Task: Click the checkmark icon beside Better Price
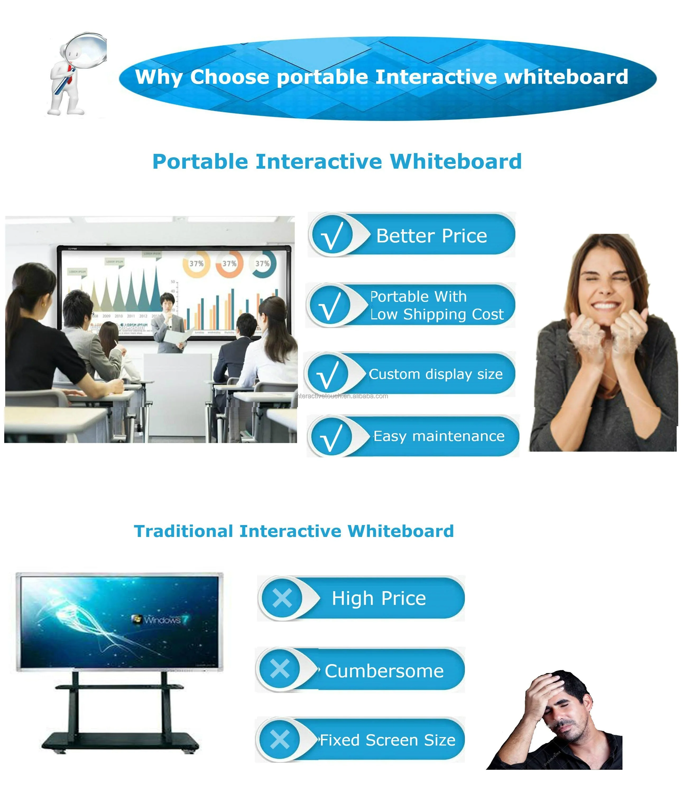331,236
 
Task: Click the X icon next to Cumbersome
279,669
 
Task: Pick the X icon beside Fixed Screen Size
279,739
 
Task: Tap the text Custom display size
435,374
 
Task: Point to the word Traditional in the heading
183,531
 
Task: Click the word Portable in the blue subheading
200,162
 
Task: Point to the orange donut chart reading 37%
229,263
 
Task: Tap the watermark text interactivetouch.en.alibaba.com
342,396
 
